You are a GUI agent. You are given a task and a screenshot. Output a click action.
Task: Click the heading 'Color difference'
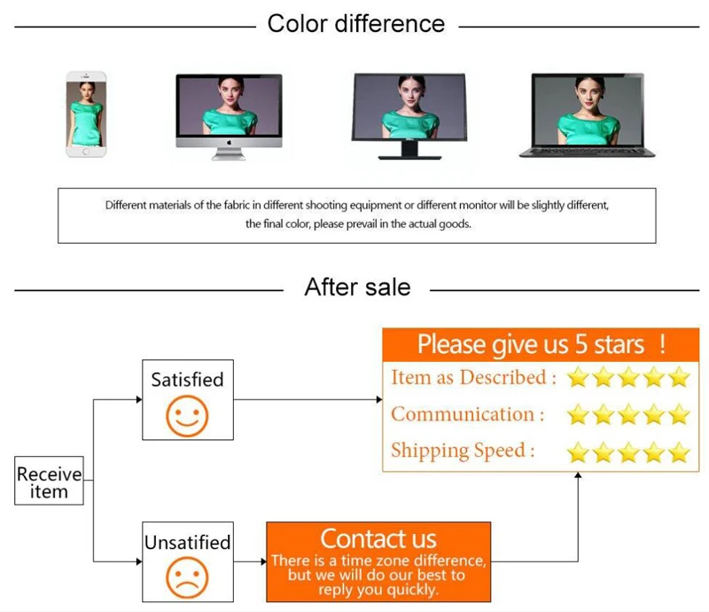pyautogui.click(x=356, y=24)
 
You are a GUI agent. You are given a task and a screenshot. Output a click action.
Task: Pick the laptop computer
pyautogui.click(x=588, y=115)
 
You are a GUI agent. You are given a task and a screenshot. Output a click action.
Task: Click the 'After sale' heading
pyautogui.click(x=357, y=286)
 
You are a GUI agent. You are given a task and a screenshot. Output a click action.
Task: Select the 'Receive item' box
pyautogui.click(x=49, y=482)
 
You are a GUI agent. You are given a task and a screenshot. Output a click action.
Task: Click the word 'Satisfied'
pyautogui.click(x=187, y=380)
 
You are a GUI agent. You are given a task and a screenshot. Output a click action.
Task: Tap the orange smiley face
pyautogui.click(x=187, y=417)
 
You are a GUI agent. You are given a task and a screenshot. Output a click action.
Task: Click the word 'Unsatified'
pyautogui.click(x=187, y=542)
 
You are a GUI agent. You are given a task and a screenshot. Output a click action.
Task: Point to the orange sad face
pyautogui.click(x=187, y=579)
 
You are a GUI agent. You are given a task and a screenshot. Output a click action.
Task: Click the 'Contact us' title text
pyautogui.click(x=378, y=538)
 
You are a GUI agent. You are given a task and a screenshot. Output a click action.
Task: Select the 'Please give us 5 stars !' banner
pyautogui.click(x=541, y=343)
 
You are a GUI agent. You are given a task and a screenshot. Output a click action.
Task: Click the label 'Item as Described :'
pyautogui.click(x=473, y=378)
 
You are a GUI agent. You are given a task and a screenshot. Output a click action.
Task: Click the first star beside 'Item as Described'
pyautogui.click(x=579, y=378)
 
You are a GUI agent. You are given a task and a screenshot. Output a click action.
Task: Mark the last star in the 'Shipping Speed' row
pyautogui.click(x=679, y=453)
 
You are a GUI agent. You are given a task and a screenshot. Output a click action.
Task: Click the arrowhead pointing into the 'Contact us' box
pyautogui.click(x=262, y=561)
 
